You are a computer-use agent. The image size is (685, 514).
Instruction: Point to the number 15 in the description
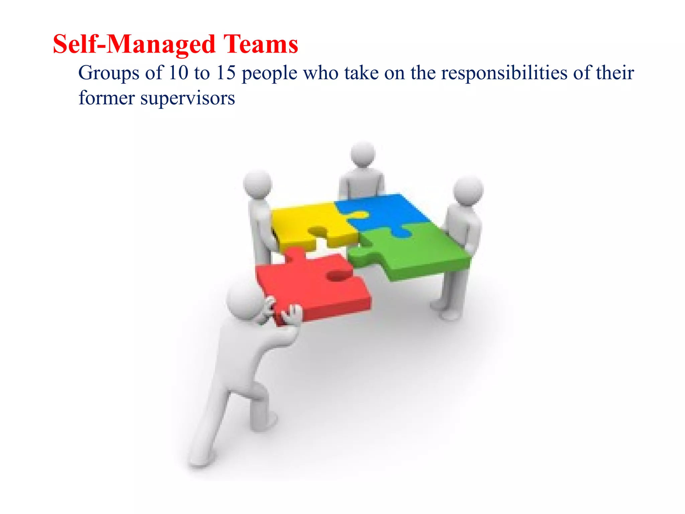[226, 73]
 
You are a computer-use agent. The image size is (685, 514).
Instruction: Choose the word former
[107, 98]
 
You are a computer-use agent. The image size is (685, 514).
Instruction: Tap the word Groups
[108, 73]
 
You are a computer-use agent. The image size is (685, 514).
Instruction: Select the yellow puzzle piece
[301, 221]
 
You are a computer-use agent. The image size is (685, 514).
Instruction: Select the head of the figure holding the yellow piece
[258, 183]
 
